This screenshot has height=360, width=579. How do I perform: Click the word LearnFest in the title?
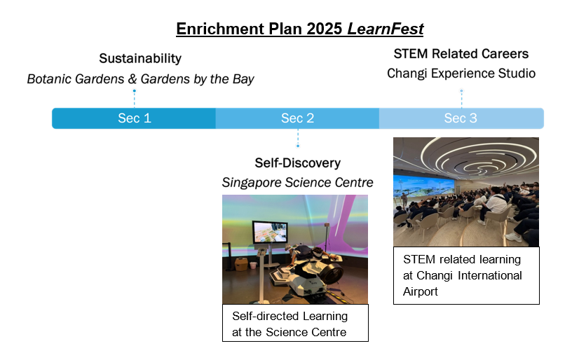point(385,29)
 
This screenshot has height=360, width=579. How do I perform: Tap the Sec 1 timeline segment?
point(134,118)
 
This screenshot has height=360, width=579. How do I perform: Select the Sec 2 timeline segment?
point(298,118)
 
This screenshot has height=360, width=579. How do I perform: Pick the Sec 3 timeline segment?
point(461,118)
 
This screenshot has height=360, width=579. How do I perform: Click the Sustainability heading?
point(140,58)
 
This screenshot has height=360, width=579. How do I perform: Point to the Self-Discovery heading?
point(298,162)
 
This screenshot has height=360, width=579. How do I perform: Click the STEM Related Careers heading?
point(461,54)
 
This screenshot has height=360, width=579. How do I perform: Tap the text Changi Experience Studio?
point(461,73)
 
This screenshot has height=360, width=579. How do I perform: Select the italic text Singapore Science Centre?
point(298,182)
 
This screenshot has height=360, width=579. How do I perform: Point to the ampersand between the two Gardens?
point(132,79)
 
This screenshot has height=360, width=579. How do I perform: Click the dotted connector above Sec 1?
point(135,99)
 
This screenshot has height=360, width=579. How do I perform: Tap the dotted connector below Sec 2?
point(298,138)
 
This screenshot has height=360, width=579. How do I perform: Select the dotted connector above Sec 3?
point(461,99)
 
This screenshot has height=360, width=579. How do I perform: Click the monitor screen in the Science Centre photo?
point(270,232)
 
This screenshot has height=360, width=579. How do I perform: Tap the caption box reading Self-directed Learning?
point(295,323)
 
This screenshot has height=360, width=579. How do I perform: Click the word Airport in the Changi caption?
point(420,291)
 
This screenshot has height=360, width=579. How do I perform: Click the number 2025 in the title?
point(325,29)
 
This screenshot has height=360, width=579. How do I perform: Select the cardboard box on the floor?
point(241,264)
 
